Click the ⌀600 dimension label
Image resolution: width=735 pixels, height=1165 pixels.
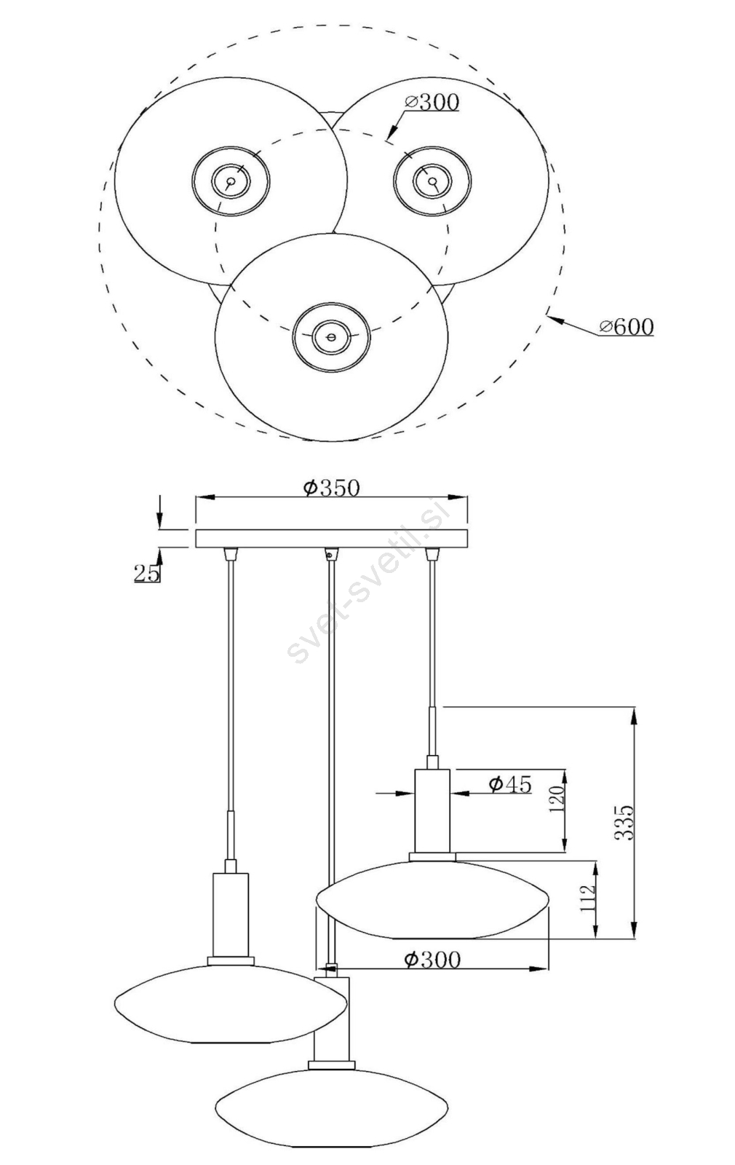coord(627,327)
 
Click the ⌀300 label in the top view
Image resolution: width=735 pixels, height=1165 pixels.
coord(432,103)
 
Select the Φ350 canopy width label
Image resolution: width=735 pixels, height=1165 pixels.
coord(331,488)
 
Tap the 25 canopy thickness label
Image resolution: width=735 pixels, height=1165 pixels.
coord(146,573)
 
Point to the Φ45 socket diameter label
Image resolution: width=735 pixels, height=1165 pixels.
coord(510,784)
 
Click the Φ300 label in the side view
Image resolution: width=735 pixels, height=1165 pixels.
coord(432,960)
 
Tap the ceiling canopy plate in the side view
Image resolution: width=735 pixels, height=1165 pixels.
coord(332,539)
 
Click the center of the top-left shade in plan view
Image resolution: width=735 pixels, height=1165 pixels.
coord(231,181)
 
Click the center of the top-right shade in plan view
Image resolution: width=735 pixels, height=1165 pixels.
coord(432,181)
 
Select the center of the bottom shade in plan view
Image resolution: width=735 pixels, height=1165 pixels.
coord(331,337)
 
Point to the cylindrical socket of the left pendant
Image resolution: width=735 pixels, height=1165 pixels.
coord(231,915)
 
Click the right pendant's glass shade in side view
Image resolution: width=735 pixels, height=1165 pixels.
coord(432,900)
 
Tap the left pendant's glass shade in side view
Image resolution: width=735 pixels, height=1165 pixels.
coord(211,1003)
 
